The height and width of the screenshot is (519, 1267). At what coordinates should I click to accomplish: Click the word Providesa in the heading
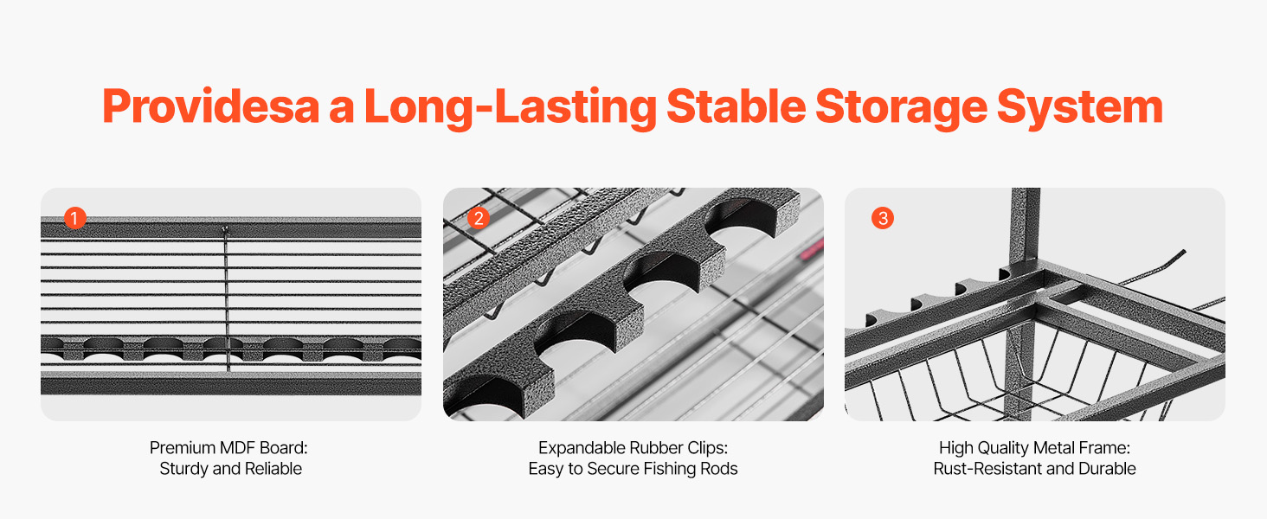[x=211, y=106]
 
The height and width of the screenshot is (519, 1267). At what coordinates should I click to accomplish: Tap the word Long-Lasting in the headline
[x=511, y=107]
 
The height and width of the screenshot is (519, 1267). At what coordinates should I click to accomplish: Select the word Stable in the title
[x=736, y=106]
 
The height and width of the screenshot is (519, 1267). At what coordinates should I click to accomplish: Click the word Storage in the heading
[x=901, y=107]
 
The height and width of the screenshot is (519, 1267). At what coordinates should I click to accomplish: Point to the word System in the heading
[x=1080, y=107]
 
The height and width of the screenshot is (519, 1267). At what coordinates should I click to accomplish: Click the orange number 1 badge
[x=74, y=218]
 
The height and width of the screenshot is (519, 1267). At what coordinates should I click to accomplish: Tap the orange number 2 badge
[x=479, y=218]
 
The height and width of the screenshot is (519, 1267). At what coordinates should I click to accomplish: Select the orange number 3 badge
[x=883, y=218]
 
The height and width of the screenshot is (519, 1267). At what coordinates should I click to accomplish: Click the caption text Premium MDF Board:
[x=228, y=448]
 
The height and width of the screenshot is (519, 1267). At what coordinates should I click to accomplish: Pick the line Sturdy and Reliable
[x=231, y=469]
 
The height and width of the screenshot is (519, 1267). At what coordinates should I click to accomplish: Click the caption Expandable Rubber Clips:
[x=633, y=448]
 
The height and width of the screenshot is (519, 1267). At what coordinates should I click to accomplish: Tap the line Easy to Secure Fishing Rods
[x=633, y=469]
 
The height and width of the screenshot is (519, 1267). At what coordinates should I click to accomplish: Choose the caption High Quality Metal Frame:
[x=1034, y=448]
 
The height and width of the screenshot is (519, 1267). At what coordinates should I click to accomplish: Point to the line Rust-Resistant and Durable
[x=1034, y=469]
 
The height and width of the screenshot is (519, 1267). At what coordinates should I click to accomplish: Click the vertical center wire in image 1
[x=227, y=299]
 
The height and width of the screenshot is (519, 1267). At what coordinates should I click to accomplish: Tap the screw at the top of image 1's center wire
[x=225, y=229]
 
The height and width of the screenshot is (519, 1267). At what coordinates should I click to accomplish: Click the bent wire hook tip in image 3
[x=1183, y=252]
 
